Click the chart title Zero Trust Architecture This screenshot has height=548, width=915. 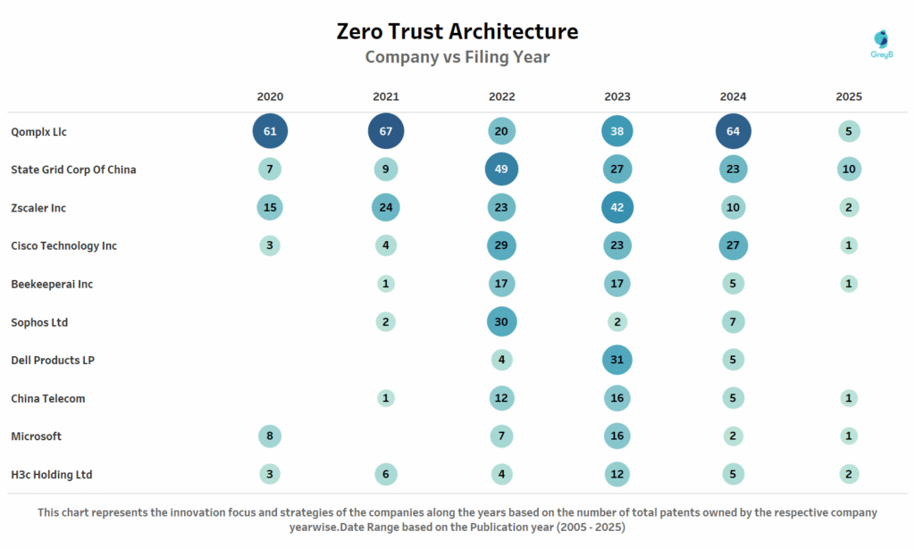pos(457,31)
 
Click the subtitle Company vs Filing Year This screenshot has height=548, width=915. pos(457,57)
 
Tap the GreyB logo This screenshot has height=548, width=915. pos(881,43)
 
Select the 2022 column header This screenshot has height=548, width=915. pos(501,96)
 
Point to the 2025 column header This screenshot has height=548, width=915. pos(849,96)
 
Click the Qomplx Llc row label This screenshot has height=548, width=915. pos(39,132)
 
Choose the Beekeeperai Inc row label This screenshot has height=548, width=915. pos(52,284)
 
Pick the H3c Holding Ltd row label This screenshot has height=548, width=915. pos(52,475)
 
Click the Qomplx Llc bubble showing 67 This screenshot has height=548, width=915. pos(386,131)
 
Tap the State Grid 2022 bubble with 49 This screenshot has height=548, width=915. pos(501,170)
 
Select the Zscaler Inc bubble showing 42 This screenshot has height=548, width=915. pos(617,208)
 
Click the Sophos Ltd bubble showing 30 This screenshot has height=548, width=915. pos(501,322)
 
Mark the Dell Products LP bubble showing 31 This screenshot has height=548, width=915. pos(617,361)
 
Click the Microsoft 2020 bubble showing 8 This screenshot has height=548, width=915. pos(270,436)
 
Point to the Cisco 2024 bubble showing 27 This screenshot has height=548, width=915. pos(733,245)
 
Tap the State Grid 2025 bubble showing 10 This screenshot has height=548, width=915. pos(849,170)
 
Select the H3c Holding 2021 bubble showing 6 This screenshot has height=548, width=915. pos(386,475)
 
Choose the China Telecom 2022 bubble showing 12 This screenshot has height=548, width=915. pos(501,398)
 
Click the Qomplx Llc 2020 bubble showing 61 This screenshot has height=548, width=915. pos(270,131)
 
